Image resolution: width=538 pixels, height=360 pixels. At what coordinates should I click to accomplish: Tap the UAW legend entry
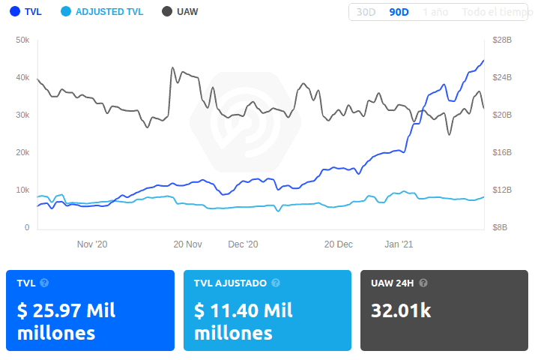tap(181, 12)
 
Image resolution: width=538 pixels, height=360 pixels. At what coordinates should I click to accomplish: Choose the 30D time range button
tap(366, 12)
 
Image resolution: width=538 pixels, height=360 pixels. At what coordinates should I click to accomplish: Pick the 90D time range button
tap(398, 12)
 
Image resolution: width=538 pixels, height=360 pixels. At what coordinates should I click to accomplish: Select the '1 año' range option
tap(435, 12)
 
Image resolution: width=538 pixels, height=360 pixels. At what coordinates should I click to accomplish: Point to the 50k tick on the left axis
tap(22, 40)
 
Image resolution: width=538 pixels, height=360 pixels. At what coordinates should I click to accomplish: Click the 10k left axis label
tap(22, 190)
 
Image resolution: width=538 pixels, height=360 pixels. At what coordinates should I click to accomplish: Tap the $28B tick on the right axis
tap(501, 40)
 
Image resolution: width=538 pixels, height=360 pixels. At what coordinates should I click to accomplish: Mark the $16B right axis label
tap(501, 152)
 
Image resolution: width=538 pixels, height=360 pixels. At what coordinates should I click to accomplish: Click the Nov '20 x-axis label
tap(93, 244)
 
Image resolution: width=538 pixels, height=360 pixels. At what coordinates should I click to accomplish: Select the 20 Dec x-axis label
tap(338, 244)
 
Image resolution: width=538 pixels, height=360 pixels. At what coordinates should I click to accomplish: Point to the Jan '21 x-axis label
tap(399, 244)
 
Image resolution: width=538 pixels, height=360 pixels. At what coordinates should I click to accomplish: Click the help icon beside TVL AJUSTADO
tap(276, 283)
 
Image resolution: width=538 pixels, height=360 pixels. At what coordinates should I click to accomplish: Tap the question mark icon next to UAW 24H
tap(423, 283)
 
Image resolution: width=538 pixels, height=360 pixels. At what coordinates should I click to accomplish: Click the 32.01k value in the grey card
tap(401, 310)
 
